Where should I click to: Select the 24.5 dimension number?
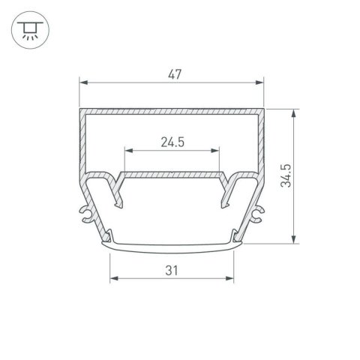coord(172,141)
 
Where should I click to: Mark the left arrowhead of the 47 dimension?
coord(83,82)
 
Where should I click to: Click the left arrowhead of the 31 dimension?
coord(114,278)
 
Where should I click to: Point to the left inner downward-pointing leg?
coord(119,193)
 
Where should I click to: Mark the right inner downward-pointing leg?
coord(225,193)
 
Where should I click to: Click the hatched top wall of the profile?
coord(172,111)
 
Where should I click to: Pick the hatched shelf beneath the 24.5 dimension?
coord(172,174)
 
